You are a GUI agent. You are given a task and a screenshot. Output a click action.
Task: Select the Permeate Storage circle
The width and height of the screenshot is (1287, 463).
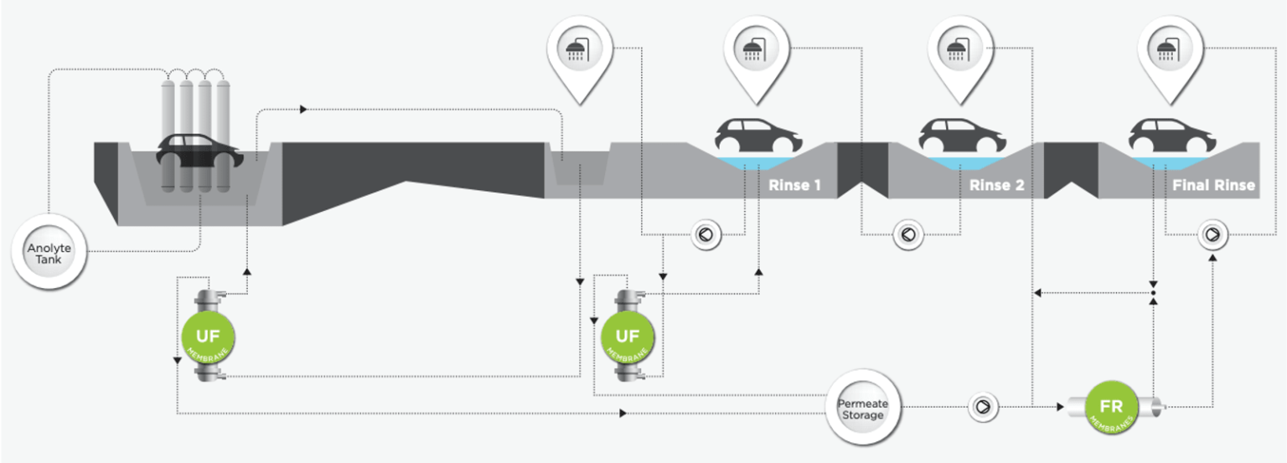862,409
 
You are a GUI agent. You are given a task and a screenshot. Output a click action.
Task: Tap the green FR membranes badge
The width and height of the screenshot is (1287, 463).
1111,408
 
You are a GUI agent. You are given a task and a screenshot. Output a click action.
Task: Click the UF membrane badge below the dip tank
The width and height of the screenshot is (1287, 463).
207,337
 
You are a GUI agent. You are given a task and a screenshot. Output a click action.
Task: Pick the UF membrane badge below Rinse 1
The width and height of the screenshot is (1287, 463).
627,337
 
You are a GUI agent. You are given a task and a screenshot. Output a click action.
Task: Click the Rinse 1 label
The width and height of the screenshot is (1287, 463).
794,185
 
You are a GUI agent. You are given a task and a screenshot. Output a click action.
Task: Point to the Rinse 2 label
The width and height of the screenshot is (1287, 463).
996,185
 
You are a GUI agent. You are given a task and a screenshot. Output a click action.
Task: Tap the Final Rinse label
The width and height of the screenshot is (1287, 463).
1212,185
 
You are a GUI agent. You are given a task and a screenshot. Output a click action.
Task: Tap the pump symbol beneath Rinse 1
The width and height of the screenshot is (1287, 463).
706,235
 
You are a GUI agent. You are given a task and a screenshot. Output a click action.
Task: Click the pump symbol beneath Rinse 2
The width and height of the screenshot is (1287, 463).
907,234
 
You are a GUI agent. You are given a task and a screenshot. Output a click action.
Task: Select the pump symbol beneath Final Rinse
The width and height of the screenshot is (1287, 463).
1212,234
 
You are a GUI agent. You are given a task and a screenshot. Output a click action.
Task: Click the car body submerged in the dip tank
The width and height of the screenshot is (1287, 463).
199,152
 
